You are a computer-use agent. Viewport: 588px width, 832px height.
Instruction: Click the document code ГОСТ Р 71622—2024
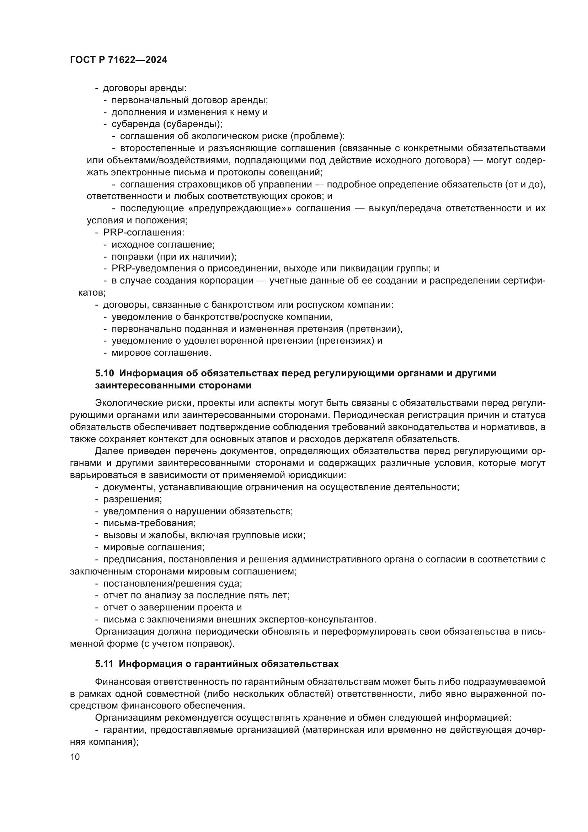pos(118,60)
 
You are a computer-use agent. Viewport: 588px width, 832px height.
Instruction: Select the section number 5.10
pos(105,373)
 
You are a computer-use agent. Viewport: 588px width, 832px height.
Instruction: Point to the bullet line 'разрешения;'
pos(133,499)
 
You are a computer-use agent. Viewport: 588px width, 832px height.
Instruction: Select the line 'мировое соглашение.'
pos(161,353)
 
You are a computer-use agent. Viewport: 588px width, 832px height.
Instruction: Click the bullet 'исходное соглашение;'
pos(163,245)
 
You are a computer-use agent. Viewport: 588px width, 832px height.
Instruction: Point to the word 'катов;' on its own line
pos(92,293)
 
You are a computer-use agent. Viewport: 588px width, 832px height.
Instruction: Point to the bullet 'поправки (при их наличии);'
pos(174,257)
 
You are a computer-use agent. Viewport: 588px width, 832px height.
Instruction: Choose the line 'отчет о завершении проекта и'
pos(172,608)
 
